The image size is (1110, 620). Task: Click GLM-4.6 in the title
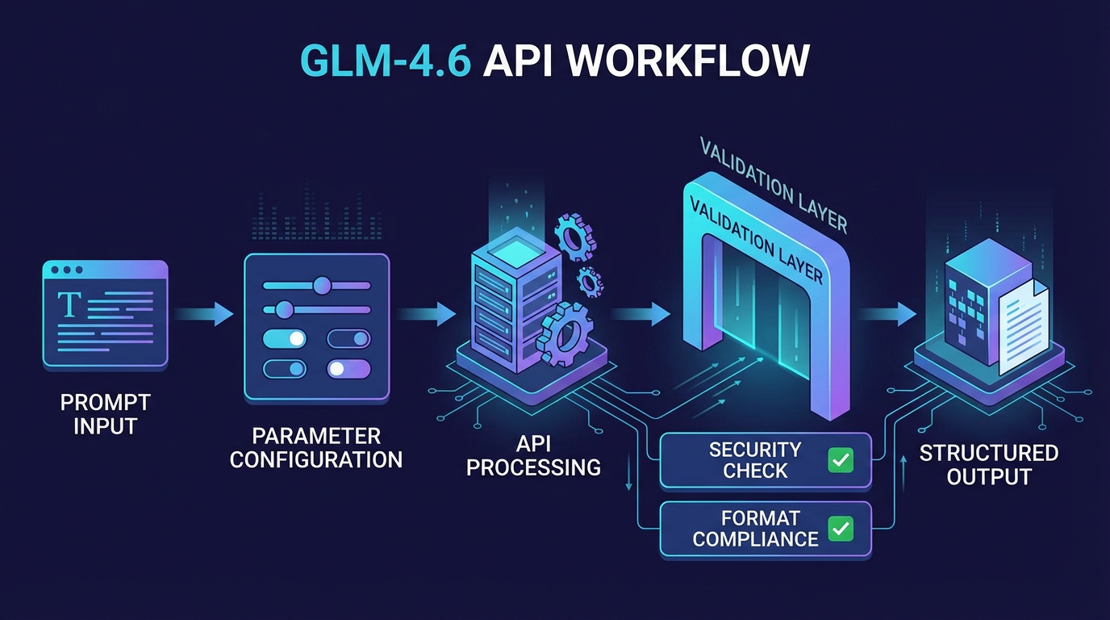pos(385,61)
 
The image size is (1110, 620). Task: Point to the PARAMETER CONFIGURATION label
pos(316,448)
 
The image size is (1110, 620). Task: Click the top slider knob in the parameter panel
pos(323,285)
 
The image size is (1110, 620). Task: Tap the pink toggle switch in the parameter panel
pos(348,369)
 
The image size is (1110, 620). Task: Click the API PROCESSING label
pos(533,455)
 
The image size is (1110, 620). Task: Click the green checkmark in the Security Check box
pos(841,460)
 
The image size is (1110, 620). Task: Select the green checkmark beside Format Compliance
pos(841,529)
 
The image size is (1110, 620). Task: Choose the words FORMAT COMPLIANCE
pos(755,528)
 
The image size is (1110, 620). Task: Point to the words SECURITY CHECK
pos(754,460)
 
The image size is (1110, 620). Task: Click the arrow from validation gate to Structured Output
pos(887,313)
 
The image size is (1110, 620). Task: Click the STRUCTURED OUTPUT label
pos(989,464)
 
